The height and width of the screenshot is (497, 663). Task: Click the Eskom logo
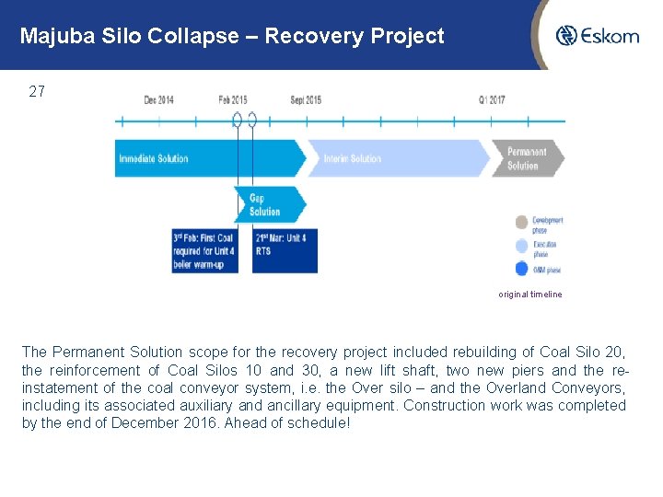(x=597, y=36)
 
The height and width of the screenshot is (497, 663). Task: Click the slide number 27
(x=37, y=92)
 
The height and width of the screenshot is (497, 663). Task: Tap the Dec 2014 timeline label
(x=158, y=99)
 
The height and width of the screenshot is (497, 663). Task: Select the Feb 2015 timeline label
(x=233, y=99)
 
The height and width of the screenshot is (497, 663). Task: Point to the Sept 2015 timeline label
(x=305, y=99)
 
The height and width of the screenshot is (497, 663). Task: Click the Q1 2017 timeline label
(x=492, y=99)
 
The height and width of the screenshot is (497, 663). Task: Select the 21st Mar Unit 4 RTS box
(x=285, y=250)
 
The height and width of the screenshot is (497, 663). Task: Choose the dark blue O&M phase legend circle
(x=522, y=270)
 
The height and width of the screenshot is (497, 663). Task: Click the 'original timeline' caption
(x=529, y=295)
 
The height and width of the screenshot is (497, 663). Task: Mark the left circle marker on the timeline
(x=238, y=120)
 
